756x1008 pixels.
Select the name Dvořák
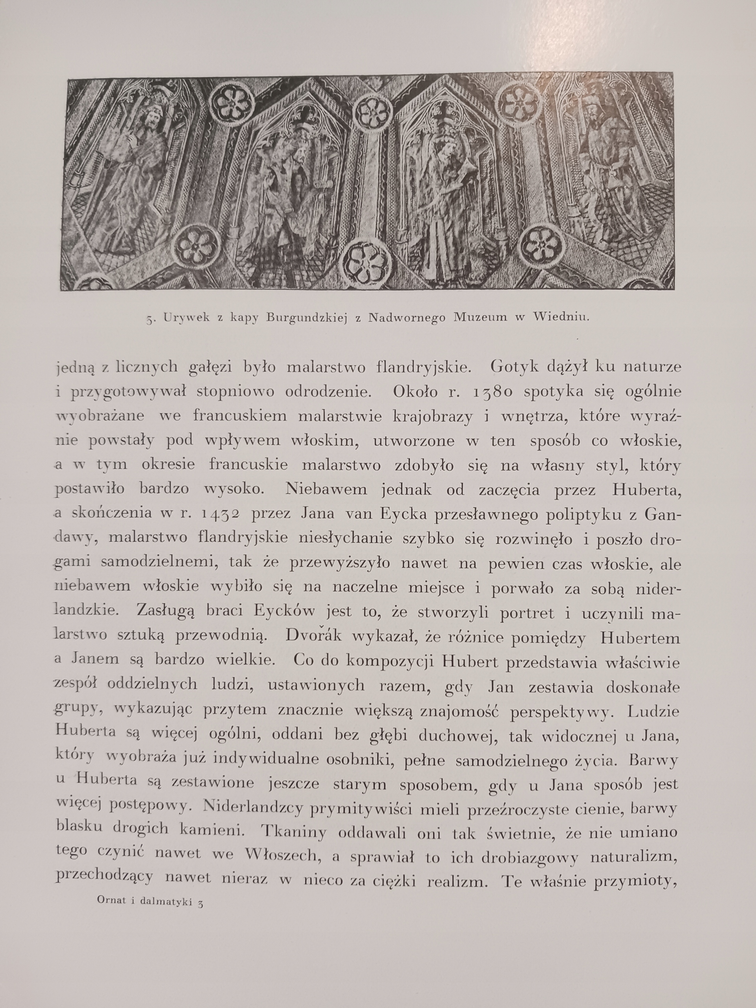313,636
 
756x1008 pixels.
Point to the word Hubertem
640,637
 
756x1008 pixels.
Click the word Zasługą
162,612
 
